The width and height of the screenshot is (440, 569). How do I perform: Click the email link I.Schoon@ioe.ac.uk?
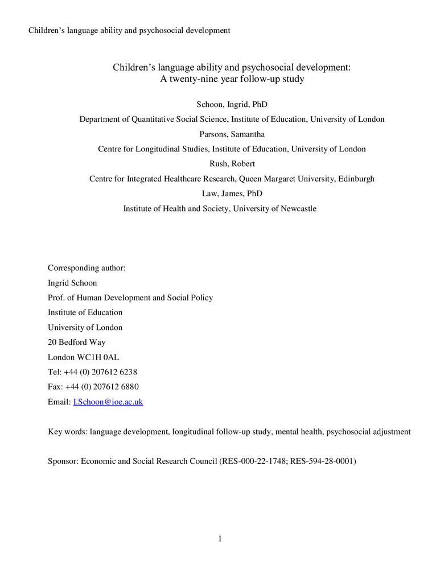pos(108,402)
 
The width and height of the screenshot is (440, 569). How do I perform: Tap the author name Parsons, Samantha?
pos(220,134)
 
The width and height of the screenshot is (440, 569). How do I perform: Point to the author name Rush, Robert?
pos(220,164)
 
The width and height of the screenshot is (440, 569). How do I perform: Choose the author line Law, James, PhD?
pos(220,193)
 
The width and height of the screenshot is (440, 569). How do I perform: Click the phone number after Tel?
pos(100,372)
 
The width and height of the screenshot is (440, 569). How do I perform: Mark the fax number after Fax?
pos(101,387)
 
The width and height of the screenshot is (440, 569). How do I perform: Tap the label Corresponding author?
pos(87,267)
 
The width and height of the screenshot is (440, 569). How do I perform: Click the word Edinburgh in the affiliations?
pos(354,179)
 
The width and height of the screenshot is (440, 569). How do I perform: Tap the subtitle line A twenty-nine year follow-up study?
pos(232,79)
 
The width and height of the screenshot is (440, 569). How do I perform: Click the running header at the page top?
pos(129,30)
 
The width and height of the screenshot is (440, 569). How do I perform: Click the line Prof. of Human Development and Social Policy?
pos(130,298)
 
